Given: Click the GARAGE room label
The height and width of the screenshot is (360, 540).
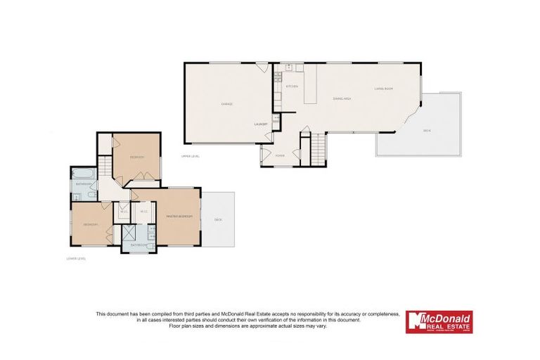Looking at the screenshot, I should coord(227,104).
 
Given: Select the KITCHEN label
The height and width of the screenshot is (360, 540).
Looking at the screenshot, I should coord(292,86).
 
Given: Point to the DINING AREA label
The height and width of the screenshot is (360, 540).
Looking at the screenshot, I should coord(342,98).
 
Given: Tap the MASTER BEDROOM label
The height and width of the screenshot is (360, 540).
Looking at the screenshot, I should coord(179,216).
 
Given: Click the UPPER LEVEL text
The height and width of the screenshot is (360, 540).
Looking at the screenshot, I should coord(191,156).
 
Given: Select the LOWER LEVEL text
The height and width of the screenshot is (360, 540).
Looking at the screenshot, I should coord(75,259).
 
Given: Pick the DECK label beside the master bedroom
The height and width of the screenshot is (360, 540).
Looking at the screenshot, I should coord(218,220).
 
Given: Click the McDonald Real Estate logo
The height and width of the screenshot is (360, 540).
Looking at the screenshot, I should coord(439,321).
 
